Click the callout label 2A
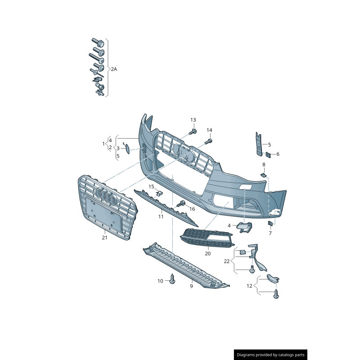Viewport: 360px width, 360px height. coord(114,69)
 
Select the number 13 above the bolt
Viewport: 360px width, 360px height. coord(193,120)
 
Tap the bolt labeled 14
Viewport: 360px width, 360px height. coord(208,141)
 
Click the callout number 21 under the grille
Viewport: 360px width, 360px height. coord(104,238)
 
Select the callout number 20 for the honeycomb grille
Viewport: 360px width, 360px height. coord(207,253)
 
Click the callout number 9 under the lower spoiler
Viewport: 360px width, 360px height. coord(191,286)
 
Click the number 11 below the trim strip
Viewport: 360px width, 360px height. coord(161,216)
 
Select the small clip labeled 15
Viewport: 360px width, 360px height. coord(159,193)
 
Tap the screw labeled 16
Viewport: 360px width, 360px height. coord(183,204)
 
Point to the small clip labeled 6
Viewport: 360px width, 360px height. coord(268,155)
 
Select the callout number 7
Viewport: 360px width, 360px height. coord(270,233)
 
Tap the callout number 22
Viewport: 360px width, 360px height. coord(227,261)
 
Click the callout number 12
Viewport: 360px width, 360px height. coord(249,286)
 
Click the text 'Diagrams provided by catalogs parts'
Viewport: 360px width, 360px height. coord(271,355)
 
